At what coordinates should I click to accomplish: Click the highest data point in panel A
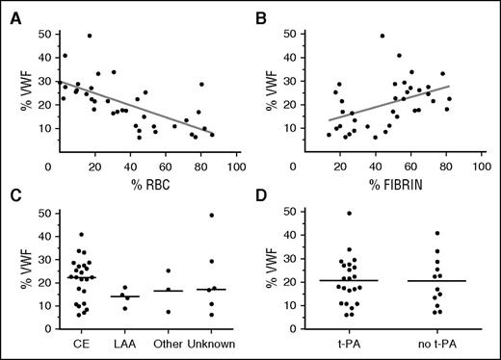pyautogui.click(x=90, y=36)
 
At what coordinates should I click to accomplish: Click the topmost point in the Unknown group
pyautogui.click(x=210, y=215)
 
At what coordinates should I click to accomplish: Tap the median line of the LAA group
pyautogui.click(x=127, y=296)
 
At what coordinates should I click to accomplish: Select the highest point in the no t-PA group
pyautogui.click(x=437, y=233)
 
